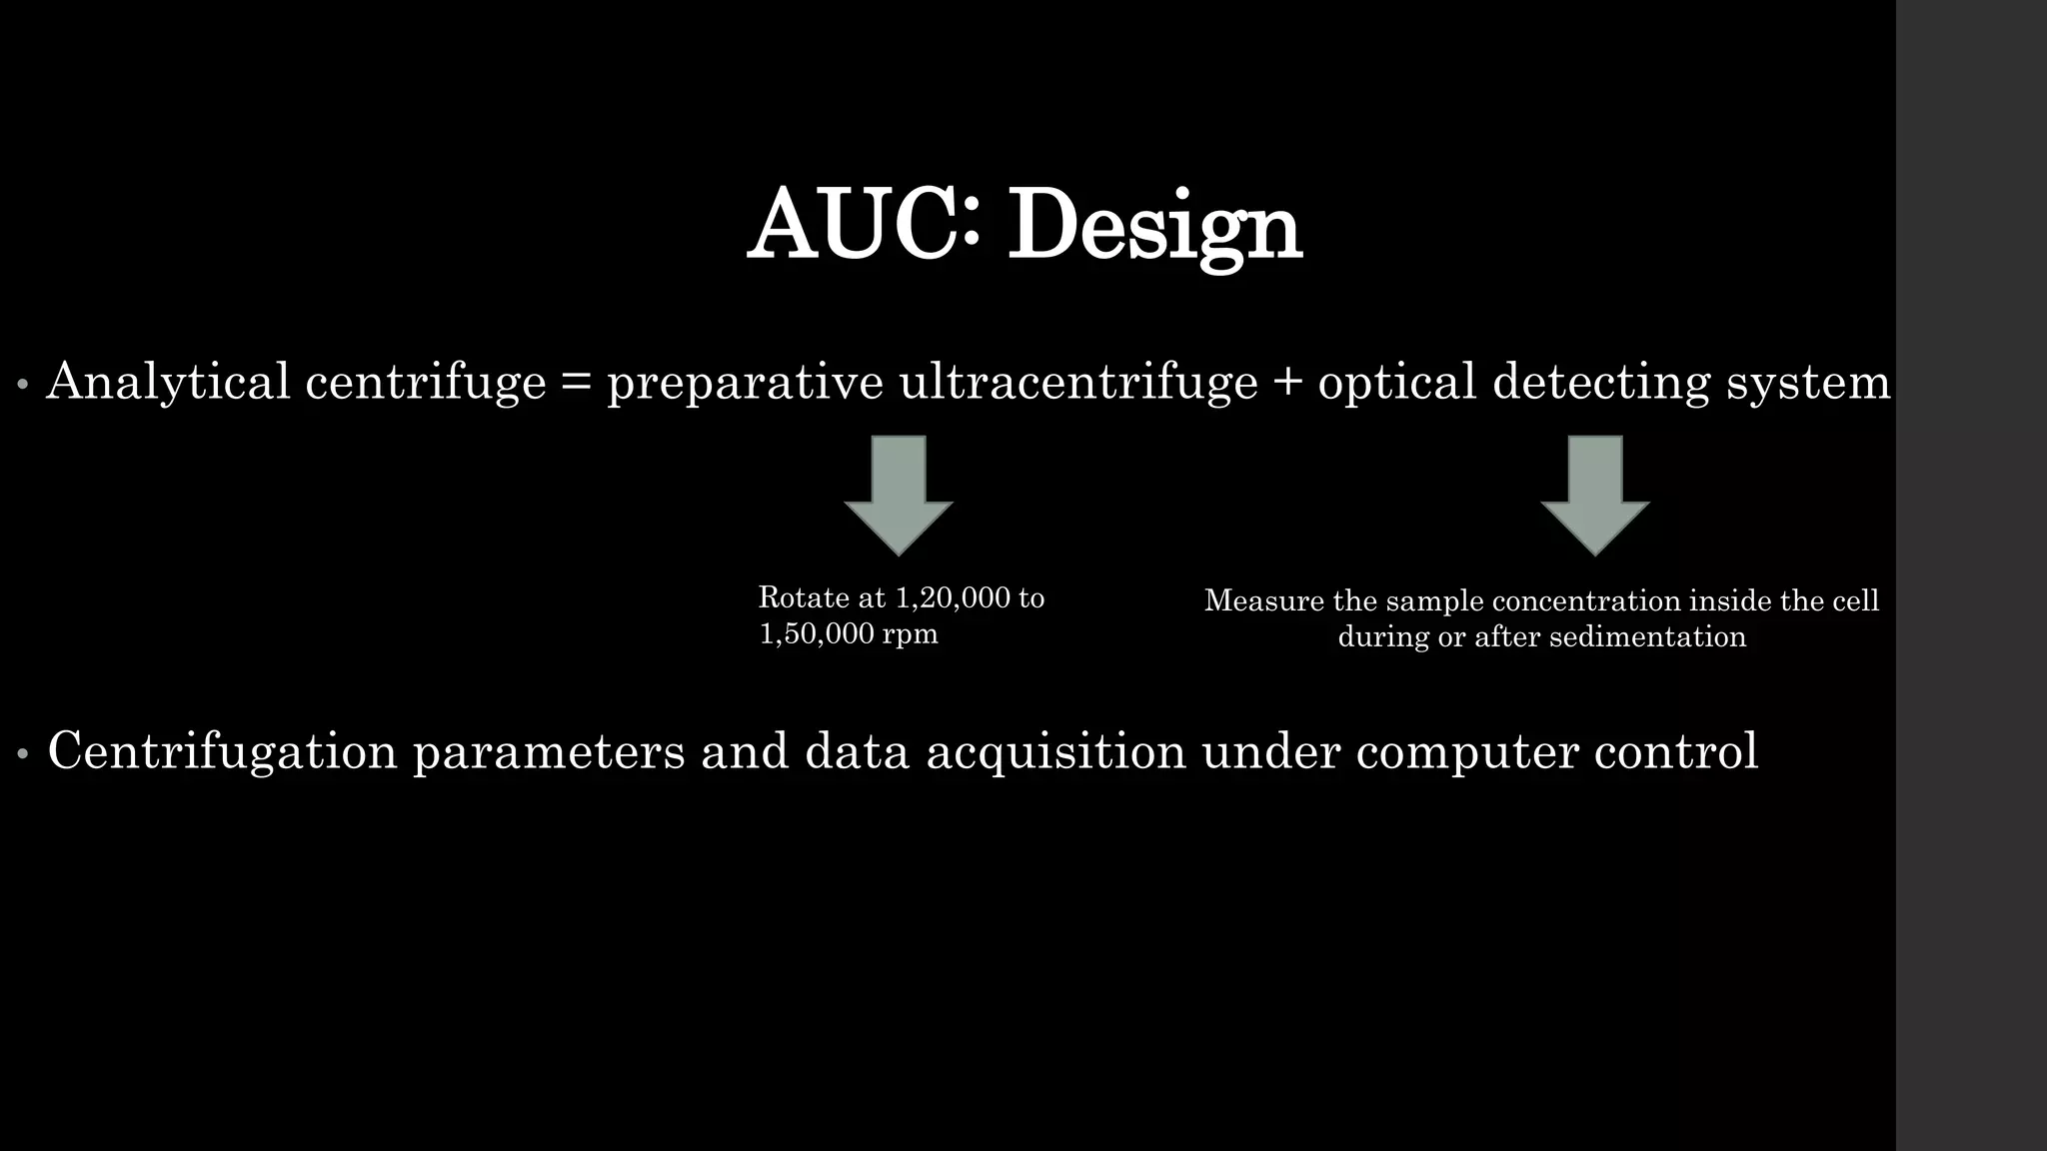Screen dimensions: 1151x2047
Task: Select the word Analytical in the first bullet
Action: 168,382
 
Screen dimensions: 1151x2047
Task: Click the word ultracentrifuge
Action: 1078,382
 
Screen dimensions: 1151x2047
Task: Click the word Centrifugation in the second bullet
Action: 222,751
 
